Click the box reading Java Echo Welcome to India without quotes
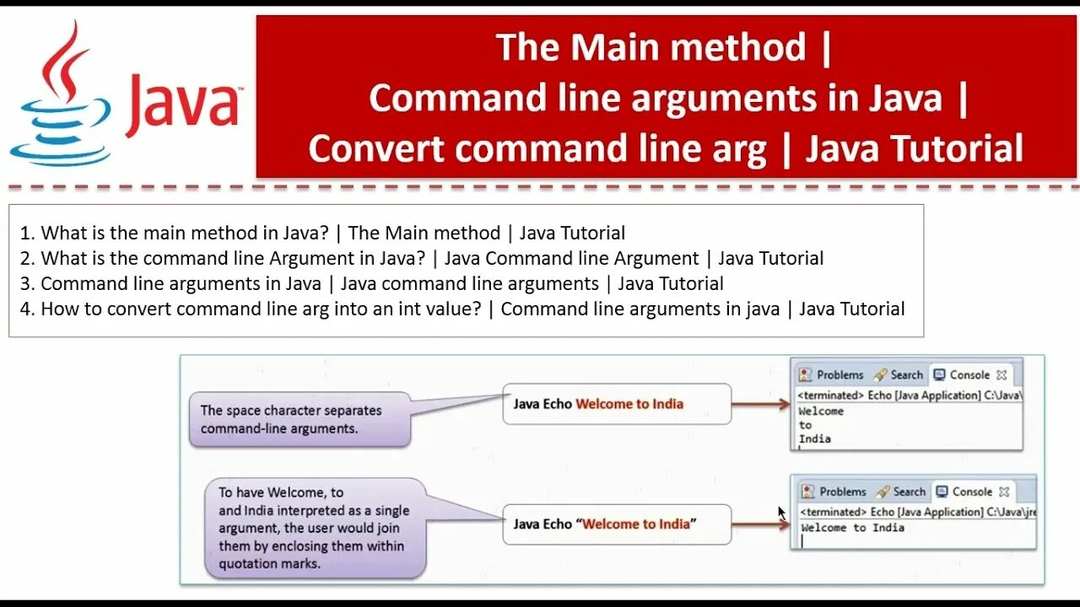(x=617, y=404)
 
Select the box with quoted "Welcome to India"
(x=617, y=524)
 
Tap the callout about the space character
(x=299, y=419)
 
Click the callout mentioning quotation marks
(x=315, y=528)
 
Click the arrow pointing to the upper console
(x=760, y=404)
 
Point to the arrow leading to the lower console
(x=760, y=524)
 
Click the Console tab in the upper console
(x=969, y=375)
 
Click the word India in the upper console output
(x=814, y=438)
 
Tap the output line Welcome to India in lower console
(x=852, y=528)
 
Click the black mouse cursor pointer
(x=781, y=512)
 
